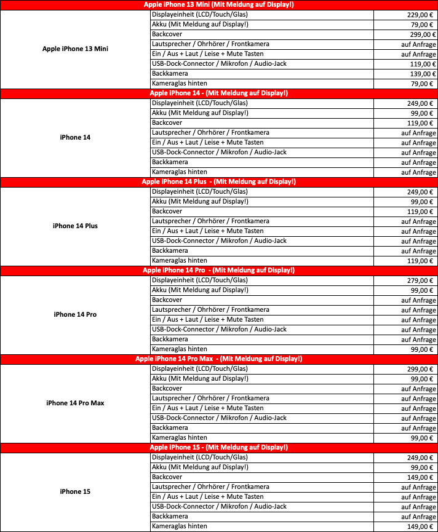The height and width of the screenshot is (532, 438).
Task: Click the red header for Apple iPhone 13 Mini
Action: pyautogui.click(x=218, y=5)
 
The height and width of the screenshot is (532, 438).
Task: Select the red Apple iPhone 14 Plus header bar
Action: pyautogui.click(x=218, y=182)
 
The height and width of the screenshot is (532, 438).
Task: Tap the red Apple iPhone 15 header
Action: pyautogui.click(x=218, y=448)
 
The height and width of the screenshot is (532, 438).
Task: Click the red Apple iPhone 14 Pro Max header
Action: pyautogui.click(x=218, y=359)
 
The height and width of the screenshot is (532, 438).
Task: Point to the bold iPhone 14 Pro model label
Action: pyautogui.click(x=75, y=315)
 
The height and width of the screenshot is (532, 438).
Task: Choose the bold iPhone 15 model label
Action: pyautogui.click(x=75, y=492)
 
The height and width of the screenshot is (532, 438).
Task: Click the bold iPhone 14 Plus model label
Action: pyautogui.click(x=75, y=226)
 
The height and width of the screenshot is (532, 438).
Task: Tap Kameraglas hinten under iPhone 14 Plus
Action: pyautogui.click(x=179, y=260)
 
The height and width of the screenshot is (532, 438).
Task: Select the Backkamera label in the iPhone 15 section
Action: pyautogui.click(x=169, y=516)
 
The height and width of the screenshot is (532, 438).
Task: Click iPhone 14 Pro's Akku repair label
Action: pyautogui.click(x=199, y=290)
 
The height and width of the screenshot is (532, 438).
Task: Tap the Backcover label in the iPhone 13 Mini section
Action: pyautogui.click(x=167, y=34)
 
